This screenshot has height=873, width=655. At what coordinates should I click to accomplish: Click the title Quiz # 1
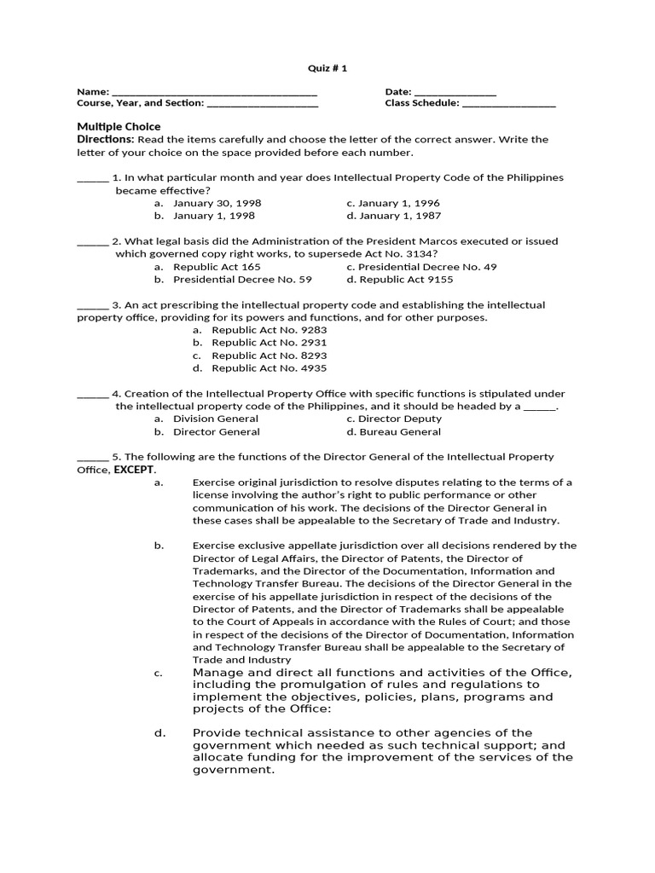pos(327,68)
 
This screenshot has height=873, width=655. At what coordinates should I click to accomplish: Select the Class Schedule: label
pos(422,103)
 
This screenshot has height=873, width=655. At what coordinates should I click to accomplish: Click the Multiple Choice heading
pos(119,126)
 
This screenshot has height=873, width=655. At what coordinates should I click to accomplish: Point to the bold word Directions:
pos(106,139)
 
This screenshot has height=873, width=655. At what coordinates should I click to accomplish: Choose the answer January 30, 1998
pos(217,204)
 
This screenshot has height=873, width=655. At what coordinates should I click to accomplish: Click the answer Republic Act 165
pos(217,267)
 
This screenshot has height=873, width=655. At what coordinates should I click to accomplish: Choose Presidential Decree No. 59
pos(242,280)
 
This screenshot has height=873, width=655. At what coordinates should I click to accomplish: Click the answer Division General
pos(216,419)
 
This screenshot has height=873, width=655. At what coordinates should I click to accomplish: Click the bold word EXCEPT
pos(135,470)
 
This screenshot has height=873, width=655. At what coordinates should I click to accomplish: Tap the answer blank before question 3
pos(92,305)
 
